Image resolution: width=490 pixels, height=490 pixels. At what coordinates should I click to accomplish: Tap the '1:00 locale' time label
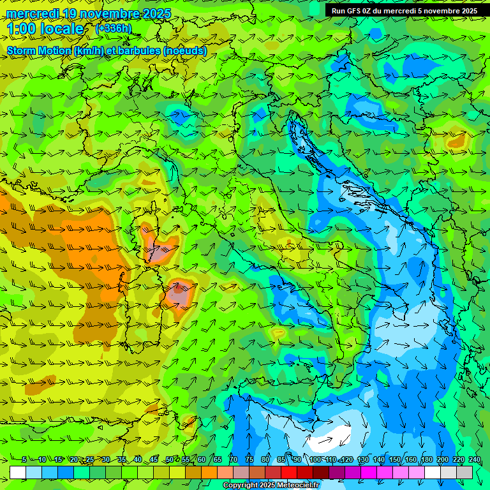45,29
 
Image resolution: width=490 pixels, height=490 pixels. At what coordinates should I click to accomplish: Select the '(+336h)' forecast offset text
114,28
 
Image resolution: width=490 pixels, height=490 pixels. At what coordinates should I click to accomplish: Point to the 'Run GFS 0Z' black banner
403,11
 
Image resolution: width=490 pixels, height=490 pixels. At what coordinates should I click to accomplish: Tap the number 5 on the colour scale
24,460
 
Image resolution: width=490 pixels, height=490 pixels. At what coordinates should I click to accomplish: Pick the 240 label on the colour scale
474,460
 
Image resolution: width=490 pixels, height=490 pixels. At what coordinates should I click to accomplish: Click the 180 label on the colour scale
426,460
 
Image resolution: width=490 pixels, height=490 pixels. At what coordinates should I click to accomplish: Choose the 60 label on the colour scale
201,460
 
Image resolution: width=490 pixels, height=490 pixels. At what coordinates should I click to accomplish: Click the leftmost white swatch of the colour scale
18,472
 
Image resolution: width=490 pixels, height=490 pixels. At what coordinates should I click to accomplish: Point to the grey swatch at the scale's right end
464,472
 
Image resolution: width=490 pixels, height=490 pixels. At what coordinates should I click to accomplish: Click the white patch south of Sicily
333,439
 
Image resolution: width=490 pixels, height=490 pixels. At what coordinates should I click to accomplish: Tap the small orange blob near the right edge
457,141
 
